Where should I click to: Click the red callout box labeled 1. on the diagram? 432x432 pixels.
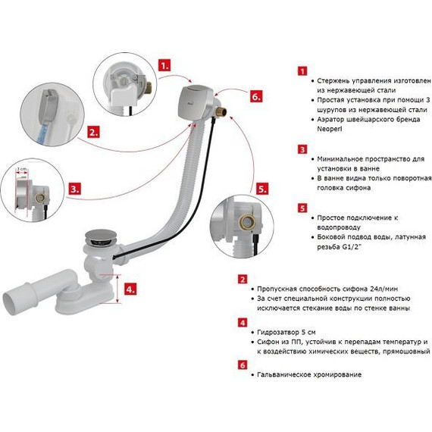tap(164, 65)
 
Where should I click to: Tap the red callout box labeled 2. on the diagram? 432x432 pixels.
tap(93, 132)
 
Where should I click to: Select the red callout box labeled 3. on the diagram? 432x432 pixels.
tap(75, 189)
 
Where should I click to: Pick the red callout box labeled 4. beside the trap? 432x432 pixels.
tap(130, 289)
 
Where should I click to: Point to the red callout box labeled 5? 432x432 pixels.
tap(261, 189)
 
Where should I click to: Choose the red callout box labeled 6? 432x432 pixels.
tap(256, 96)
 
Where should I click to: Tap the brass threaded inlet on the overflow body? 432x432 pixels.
tap(222, 112)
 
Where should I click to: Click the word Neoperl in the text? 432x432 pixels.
tap(330, 129)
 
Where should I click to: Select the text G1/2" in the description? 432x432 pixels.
tap(352, 247)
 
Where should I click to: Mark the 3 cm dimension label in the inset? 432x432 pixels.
tap(22, 168)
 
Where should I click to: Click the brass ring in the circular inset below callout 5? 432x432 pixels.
tap(247, 221)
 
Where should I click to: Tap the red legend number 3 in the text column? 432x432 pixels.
tap(302, 149)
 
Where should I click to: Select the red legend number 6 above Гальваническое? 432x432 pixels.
tap(243, 365)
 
